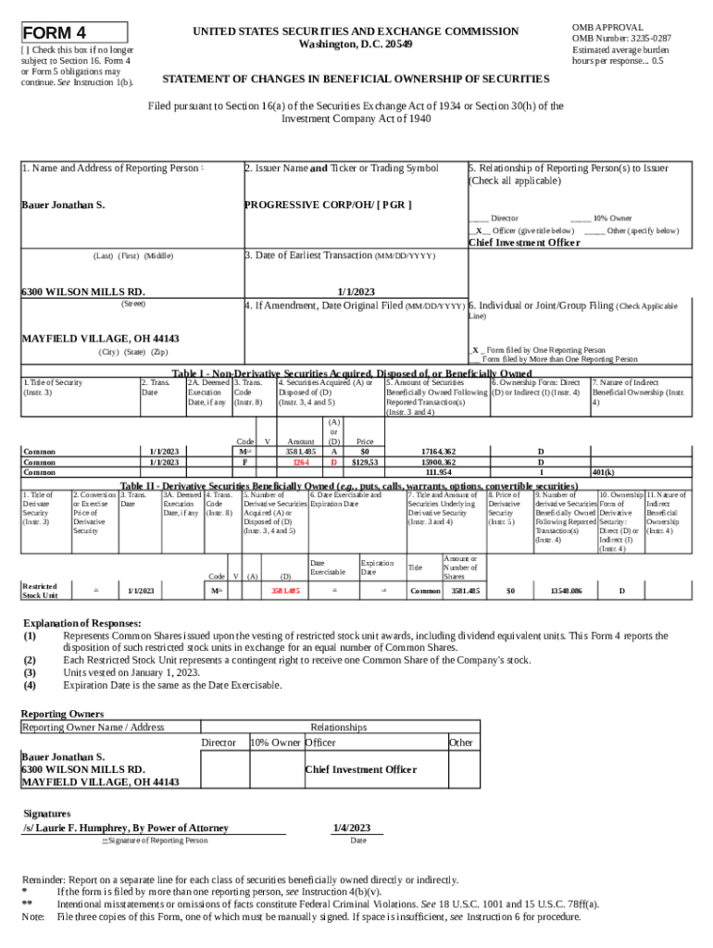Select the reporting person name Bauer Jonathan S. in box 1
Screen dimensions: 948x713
click(63, 204)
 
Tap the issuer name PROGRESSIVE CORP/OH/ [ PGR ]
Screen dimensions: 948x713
click(328, 204)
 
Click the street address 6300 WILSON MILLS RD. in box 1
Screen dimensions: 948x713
click(83, 291)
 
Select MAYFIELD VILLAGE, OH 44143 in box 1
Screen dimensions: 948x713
click(100, 338)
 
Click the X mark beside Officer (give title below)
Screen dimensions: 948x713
click(479, 231)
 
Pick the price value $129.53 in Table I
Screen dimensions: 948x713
click(365, 461)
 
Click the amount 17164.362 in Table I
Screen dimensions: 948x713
click(437, 451)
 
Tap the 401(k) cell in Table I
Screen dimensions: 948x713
click(604, 471)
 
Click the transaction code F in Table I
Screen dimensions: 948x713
click(244, 461)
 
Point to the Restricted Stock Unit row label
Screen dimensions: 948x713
click(40, 590)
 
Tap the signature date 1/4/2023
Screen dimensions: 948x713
click(351, 828)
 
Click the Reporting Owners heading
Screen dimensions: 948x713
click(62, 714)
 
